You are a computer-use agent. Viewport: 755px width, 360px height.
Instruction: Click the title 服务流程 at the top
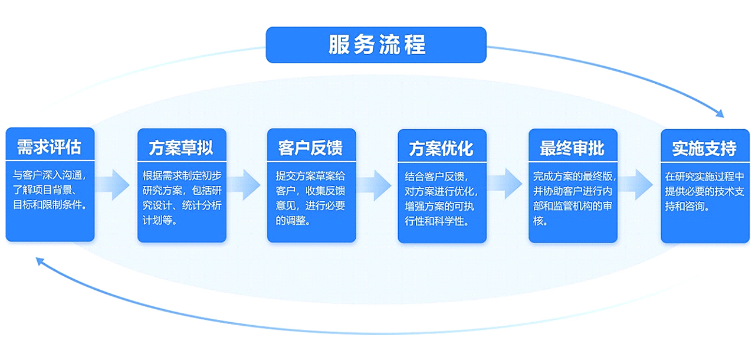(377, 44)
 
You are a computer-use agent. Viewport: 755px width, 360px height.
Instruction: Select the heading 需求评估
(49, 147)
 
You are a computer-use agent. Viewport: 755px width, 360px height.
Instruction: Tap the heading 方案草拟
(181, 148)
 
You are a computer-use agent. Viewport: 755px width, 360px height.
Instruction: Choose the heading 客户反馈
(310, 148)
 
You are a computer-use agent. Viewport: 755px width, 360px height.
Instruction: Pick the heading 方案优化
(441, 149)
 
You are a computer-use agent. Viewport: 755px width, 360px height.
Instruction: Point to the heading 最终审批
(572, 148)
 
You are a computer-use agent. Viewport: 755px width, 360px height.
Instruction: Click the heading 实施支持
(704, 148)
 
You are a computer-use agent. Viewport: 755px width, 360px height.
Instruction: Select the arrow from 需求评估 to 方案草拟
(113, 185)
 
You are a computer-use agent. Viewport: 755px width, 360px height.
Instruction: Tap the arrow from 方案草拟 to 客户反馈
(244, 185)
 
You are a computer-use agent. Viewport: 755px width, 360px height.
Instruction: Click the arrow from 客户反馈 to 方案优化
(375, 185)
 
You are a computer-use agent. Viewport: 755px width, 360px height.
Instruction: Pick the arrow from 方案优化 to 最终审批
(505, 184)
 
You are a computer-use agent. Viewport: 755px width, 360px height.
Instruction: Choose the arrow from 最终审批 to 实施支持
(636, 184)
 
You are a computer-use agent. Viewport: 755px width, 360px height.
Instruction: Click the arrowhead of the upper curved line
(720, 114)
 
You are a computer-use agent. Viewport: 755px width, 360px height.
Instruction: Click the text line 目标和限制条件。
(50, 205)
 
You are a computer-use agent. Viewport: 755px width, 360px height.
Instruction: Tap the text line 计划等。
(160, 221)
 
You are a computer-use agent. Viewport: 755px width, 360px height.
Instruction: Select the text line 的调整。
(293, 221)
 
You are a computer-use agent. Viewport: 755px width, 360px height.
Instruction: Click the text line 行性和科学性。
(437, 221)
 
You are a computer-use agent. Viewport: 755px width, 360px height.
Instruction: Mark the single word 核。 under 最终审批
(540, 221)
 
